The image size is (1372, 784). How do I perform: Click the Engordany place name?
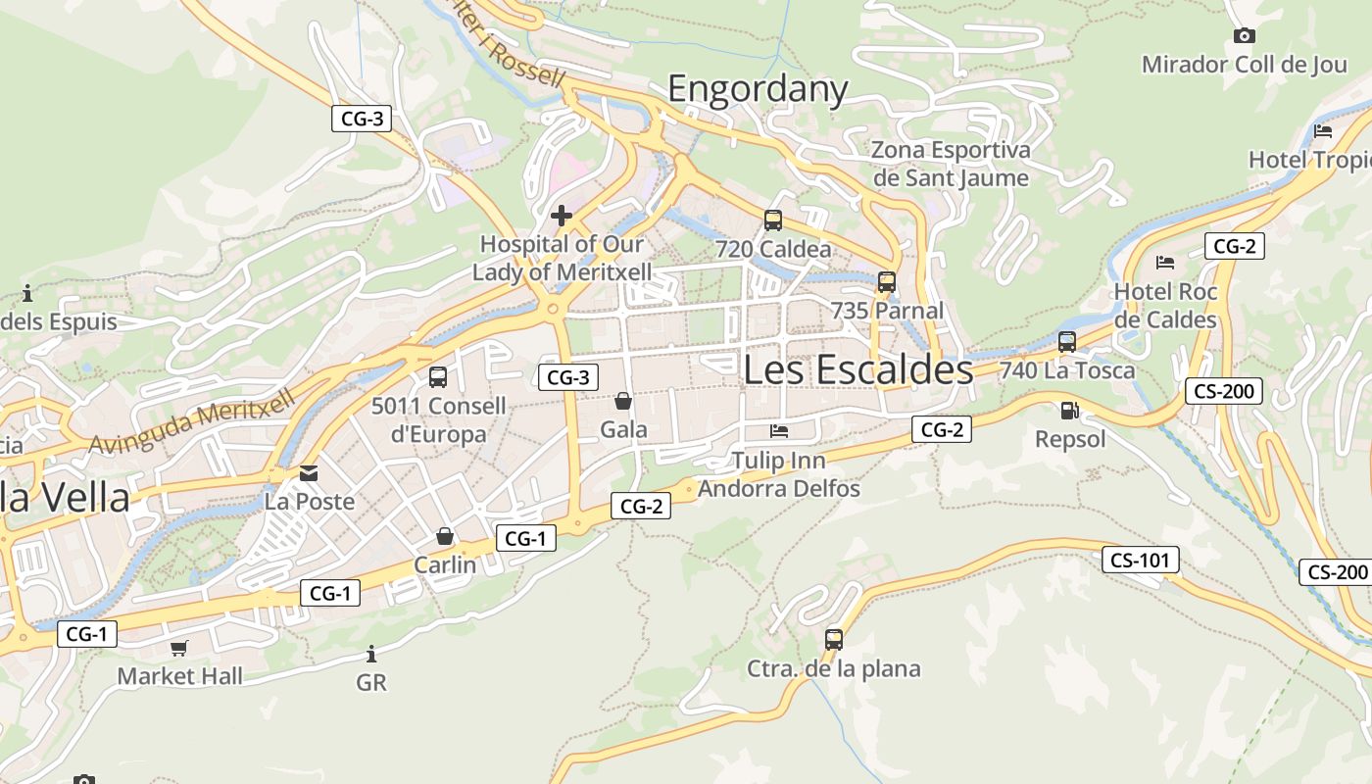click(x=758, y=89)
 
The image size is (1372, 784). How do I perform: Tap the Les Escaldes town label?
click(x=857, y=369)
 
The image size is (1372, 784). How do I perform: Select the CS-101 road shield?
click(x=1140, y=561)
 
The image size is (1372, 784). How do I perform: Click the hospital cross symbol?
click(x=562, y=216)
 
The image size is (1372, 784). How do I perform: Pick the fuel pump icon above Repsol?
click(x=1069, y=412)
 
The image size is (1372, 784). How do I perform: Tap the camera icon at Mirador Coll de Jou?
click(x=1244, y=36)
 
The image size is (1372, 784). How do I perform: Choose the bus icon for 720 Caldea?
click(x=773, y=220)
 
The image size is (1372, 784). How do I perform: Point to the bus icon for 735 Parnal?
click(x=887, y=282)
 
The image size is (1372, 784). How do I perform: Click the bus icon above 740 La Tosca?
click(x=1067, y=342)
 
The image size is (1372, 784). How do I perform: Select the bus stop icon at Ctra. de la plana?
click(x=834, y=640)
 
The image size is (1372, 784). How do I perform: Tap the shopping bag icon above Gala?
click(x=623, y=401)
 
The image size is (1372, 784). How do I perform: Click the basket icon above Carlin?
click(x=445, y=536)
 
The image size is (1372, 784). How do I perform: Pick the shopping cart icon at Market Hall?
click(x=179, y=648)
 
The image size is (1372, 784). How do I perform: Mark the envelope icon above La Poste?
click(x=309, y=473)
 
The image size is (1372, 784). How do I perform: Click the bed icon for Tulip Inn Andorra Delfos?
click(x=779, y=430)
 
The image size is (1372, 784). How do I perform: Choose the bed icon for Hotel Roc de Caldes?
click(x=1165, y=262)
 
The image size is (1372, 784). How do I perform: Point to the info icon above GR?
click(x=371, y=654)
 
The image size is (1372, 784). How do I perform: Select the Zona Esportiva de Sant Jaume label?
click(x=951, y=164)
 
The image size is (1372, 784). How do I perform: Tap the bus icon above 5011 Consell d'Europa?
click(x=438, y=376)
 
